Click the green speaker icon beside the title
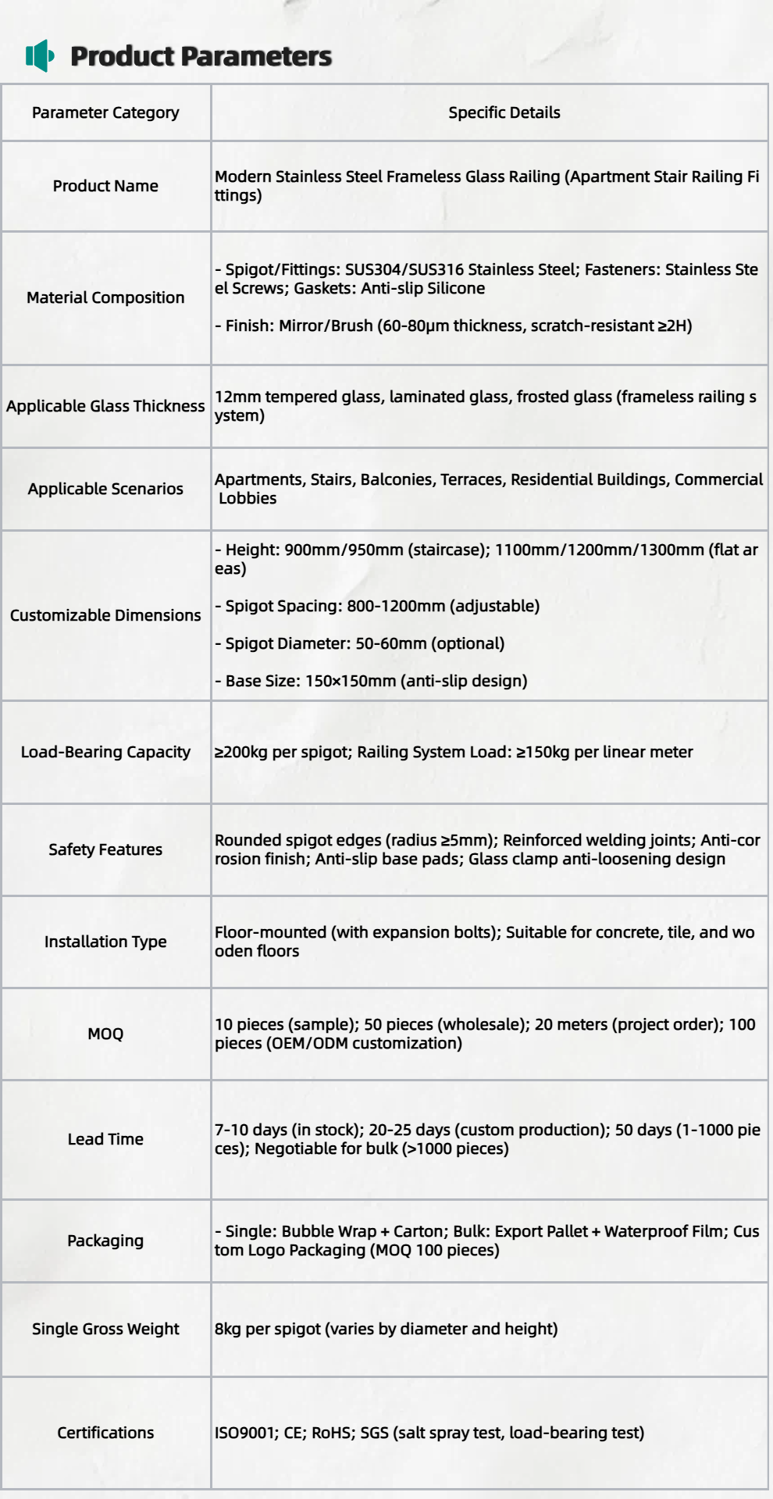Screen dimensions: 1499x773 tap(40, 56)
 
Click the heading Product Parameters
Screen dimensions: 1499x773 tap(201, 56)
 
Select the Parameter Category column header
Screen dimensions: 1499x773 tap(105, 112)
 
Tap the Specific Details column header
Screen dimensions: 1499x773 tap(504, 112)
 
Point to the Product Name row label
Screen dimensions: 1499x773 tap(105, 186)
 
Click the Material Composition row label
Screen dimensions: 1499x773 tap(105, 297)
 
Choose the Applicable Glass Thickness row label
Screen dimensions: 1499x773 tap(105, 406)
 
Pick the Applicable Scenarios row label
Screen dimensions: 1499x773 tap(105, 489)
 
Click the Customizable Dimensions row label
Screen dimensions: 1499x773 tap(105, 615)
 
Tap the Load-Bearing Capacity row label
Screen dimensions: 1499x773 tap(105, 752)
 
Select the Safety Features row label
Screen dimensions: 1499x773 tap(105, 849)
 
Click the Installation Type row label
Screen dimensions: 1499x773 tap(105, 942)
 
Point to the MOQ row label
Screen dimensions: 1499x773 tap(105, 1034)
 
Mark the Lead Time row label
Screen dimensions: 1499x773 tap(105, 1139)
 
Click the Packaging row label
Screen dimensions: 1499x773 tap(105, 1241)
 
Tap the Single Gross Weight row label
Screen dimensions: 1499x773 tap(105, 1329)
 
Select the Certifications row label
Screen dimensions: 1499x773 tap(105, 1433)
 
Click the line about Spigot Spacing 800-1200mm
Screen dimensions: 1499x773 tap(377, 606)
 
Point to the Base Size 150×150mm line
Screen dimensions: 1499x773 tap(371, 681)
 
